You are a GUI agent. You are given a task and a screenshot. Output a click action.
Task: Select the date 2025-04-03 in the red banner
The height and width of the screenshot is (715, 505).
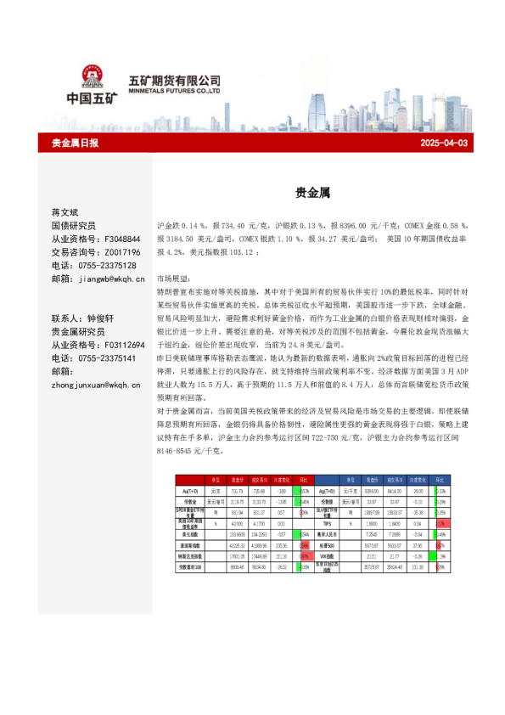pyautogui.click(x=444, y=144)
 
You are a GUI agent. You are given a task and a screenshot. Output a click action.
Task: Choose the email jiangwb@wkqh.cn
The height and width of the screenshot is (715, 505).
pyautogui.click(x=111, y=279)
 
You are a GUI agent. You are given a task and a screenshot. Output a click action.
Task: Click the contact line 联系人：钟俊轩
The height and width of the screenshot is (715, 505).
pyautogui.click(x=88, y=318)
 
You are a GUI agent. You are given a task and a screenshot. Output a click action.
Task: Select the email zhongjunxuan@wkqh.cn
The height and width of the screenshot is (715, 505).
pyautogui.click(x=96, y=385)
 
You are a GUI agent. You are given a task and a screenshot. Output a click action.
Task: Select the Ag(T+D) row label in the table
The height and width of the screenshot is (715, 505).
pyautogui.click(x=327, y=491)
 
